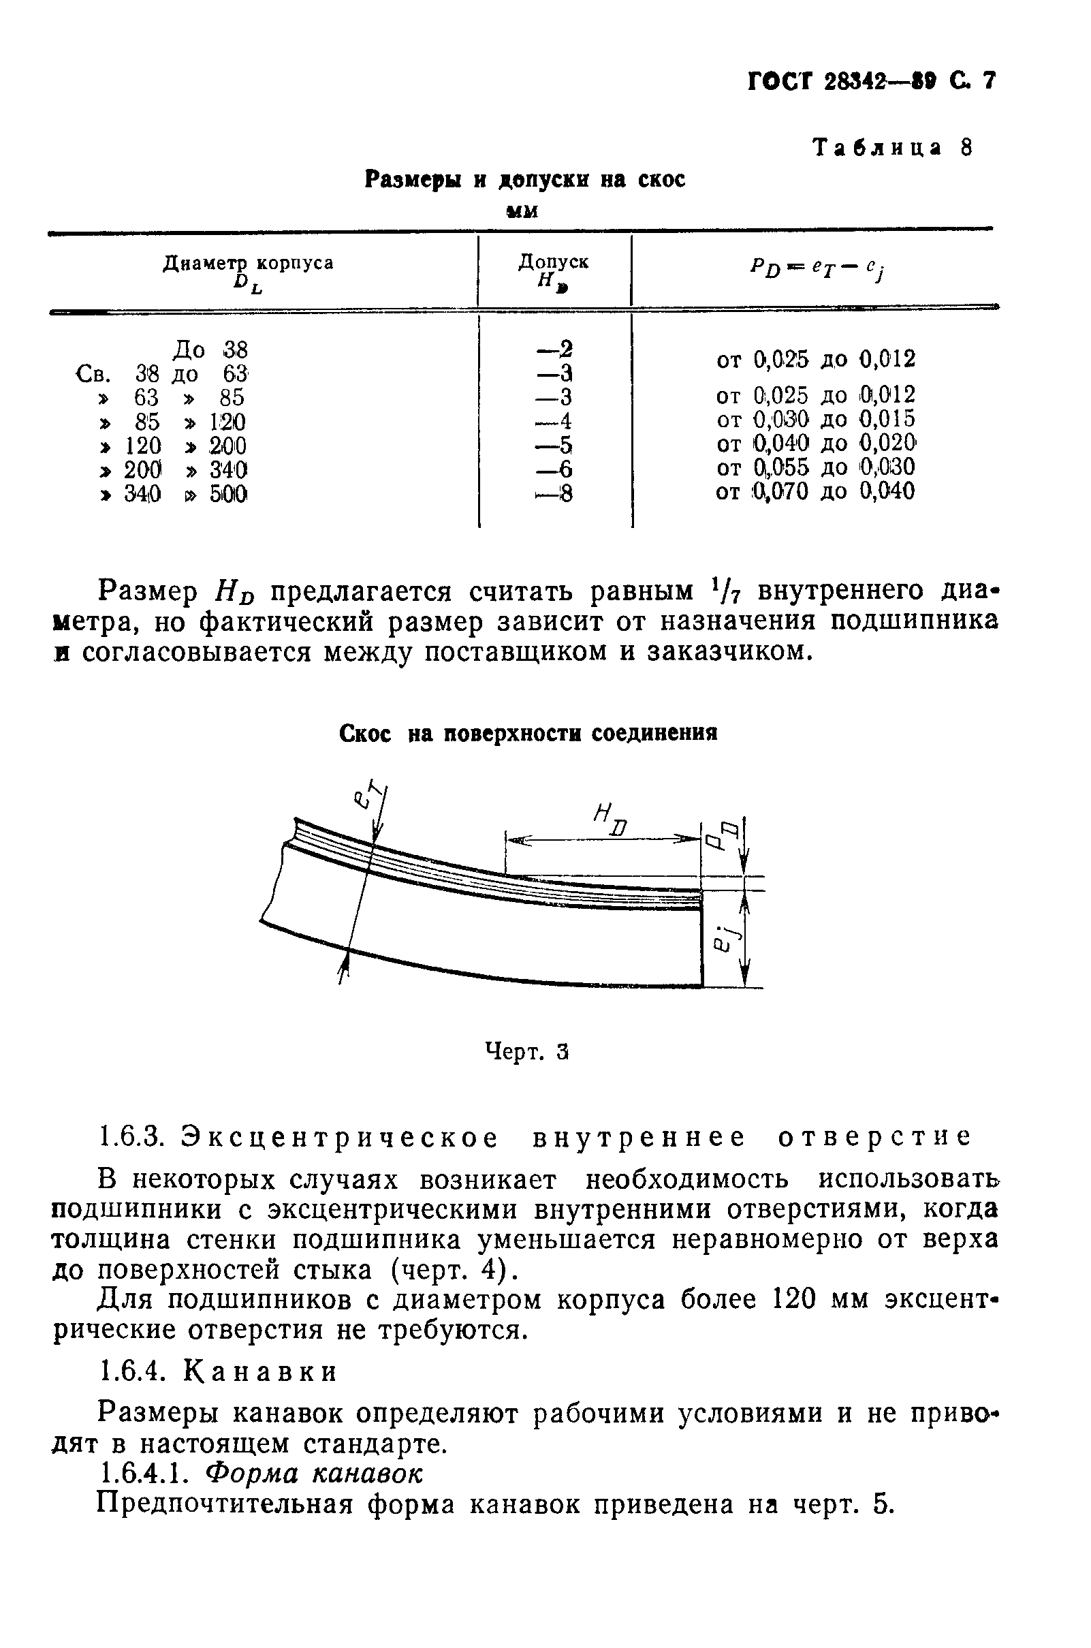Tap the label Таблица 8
(893, 148)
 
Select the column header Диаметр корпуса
(248, 263)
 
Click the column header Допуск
(553, 262)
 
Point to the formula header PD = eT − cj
(817, 268)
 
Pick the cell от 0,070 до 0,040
(815, 491)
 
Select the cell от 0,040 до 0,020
(815, 443)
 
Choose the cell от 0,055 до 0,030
(815, 467)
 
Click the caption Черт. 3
(526, 1052)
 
